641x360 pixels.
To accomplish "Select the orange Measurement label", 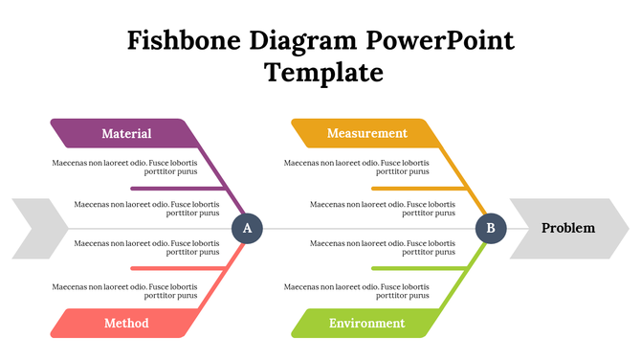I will (x=366, y=133).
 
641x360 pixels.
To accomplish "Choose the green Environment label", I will (x=366, y=323).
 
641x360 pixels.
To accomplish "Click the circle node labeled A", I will (x=247, y=228).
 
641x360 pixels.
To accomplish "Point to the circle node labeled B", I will (x=490, y=228).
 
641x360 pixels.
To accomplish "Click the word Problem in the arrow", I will (x=568, y=228).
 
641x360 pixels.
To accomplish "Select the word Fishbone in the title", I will (x=185, y=41).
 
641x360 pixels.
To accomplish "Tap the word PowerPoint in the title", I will (x=440, y=41).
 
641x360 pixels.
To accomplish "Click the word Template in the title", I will (x=323, y=73).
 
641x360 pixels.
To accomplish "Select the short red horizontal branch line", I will (x=177, y=268).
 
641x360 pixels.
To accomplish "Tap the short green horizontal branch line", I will (x=416, y=268).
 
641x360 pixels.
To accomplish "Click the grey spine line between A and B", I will (x=368, y=229).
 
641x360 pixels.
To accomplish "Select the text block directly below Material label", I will (x=125, y=168).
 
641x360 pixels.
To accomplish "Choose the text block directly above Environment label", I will (x=356, y=290).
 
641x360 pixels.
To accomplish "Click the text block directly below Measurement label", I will (x=356, y=168).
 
